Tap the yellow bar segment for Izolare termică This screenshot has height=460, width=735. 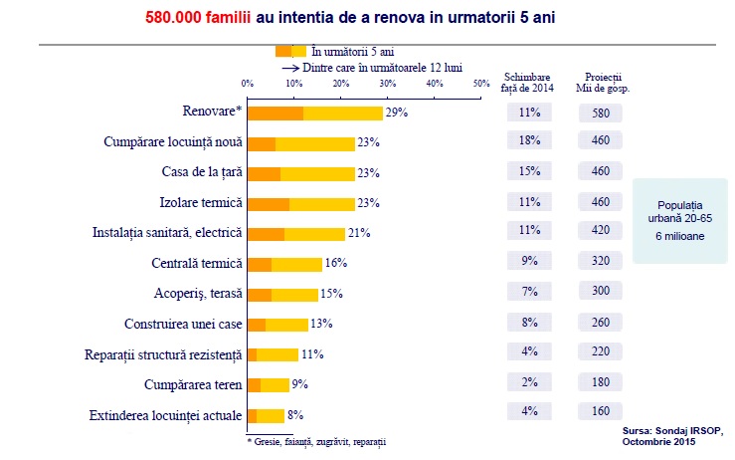pos(322,203)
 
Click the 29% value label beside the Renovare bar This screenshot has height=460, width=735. pos(397,113)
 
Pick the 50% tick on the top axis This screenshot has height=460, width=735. pos(481,84)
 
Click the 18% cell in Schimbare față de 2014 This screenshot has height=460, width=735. pos(529,142)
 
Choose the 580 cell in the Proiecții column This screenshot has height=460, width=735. pos(600,113)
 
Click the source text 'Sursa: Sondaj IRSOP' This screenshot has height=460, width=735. pos(673,431)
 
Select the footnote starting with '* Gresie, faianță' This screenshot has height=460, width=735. pos(316,441)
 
